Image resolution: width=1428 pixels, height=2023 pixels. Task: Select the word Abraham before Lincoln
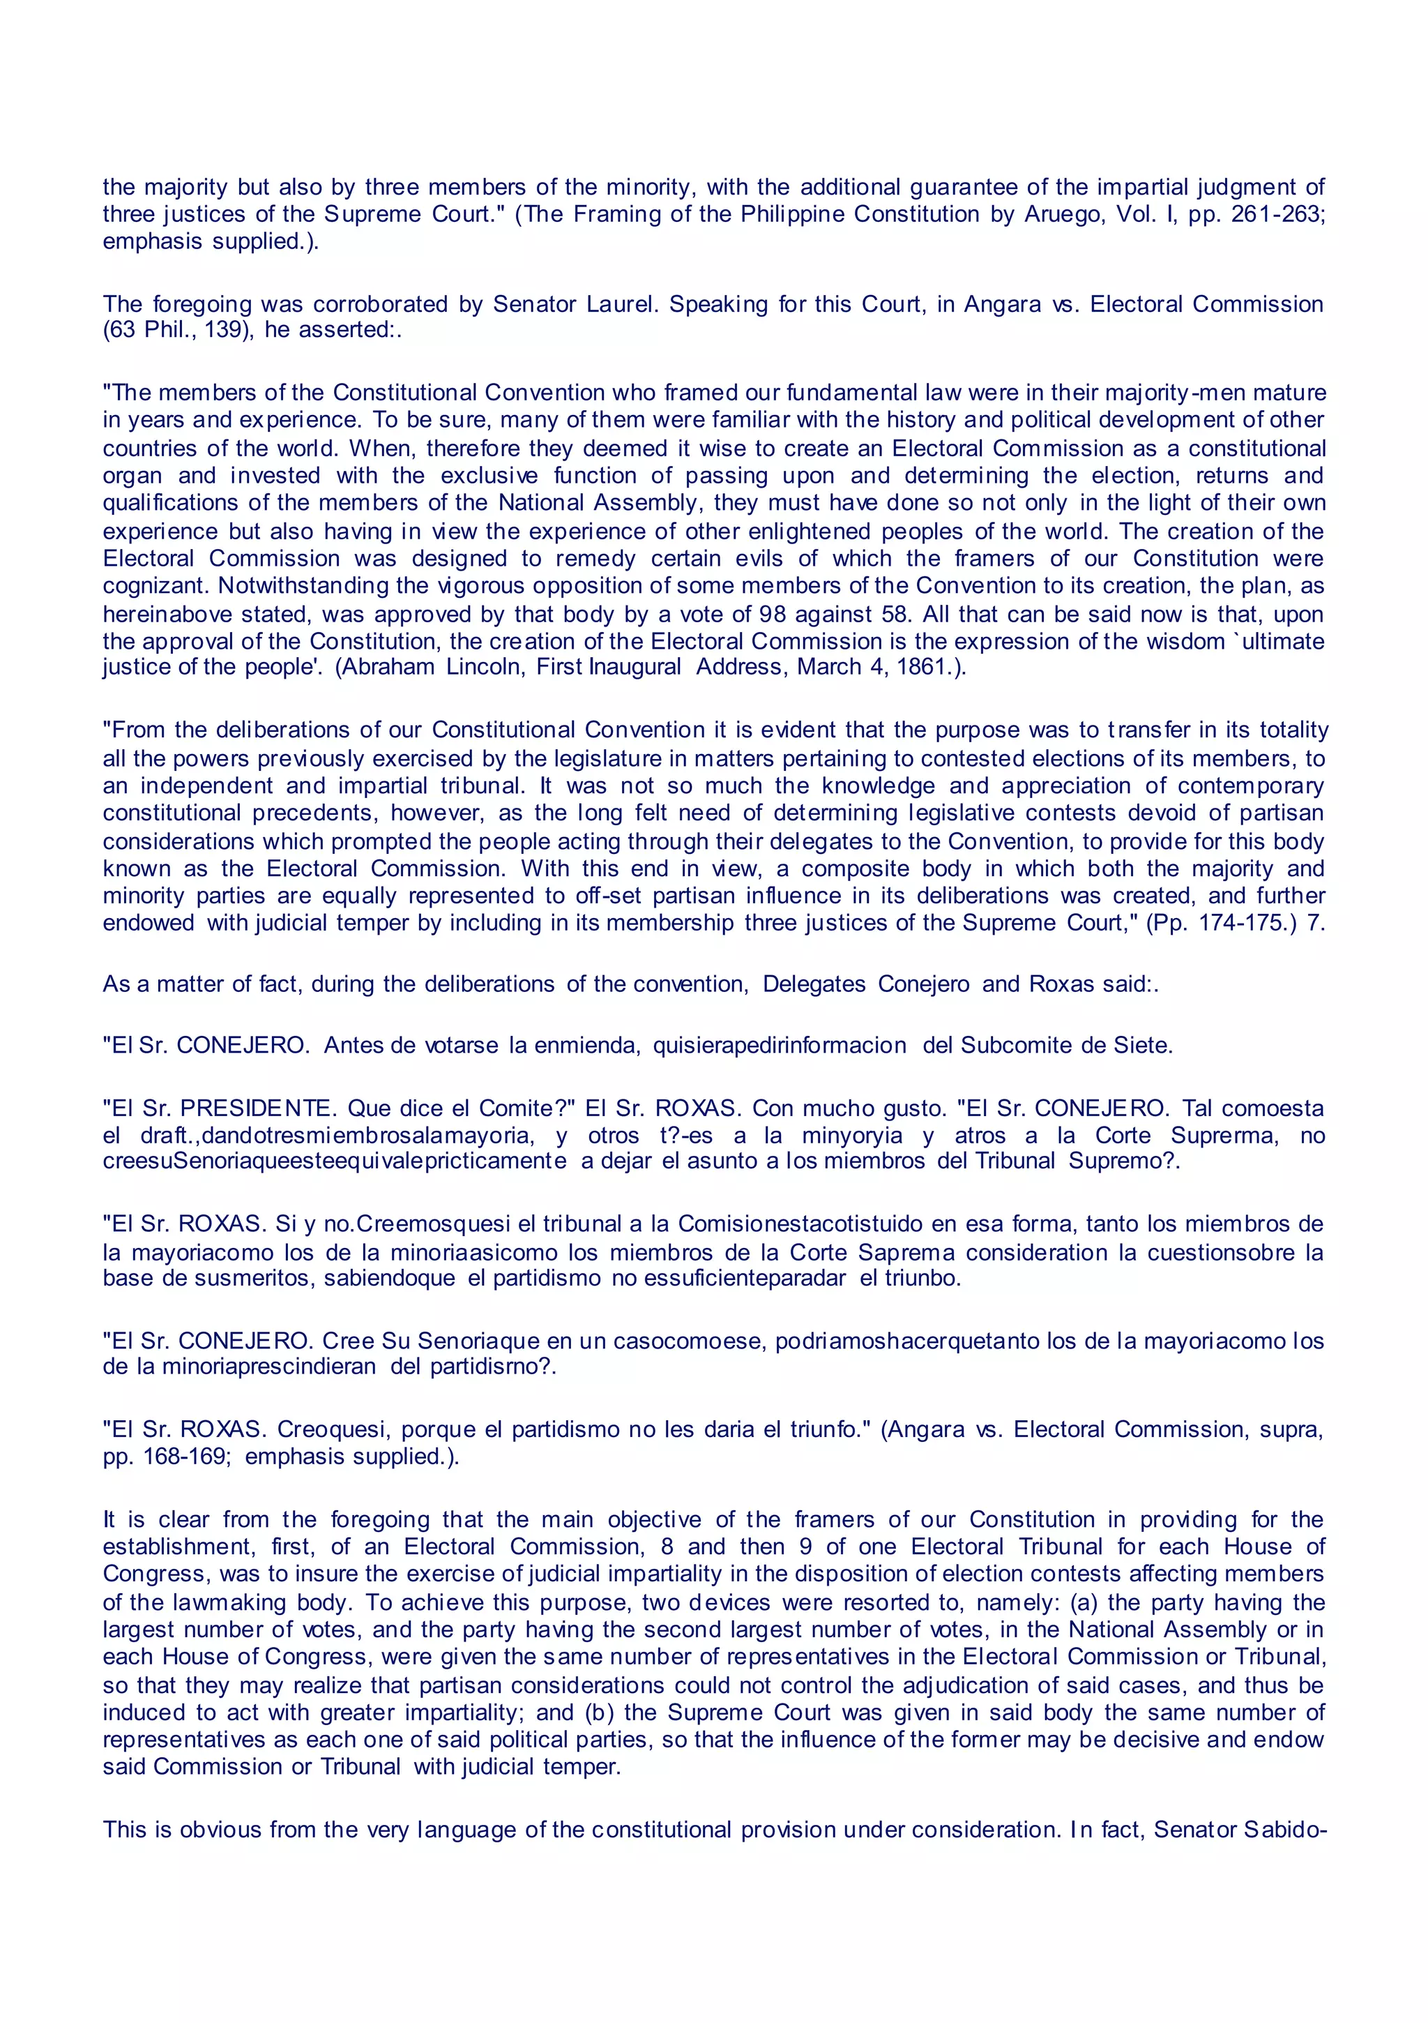388,667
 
